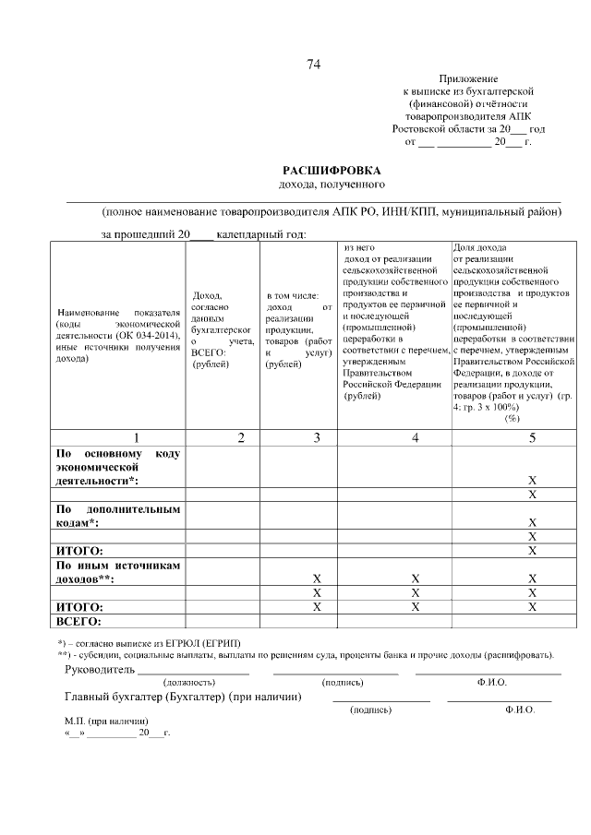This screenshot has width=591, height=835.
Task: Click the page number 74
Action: [x=314, y=64]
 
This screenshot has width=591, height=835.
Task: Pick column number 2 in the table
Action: [x=240, y=437]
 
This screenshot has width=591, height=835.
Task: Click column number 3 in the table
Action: [x=316, y=437]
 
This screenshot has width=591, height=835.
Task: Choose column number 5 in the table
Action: [x=532, y=437]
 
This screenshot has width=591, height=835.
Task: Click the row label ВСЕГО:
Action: [x=78, y=621]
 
